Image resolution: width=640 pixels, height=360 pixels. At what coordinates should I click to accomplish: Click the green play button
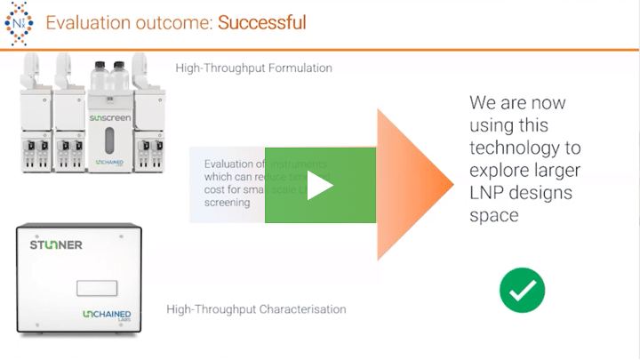tap(320, 185)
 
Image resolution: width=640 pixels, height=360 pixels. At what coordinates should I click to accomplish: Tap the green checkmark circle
tap(522, 290)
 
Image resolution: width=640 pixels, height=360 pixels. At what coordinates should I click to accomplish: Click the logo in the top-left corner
tap(20, 22)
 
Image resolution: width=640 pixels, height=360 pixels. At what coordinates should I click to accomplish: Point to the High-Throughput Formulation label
tap(253, 68)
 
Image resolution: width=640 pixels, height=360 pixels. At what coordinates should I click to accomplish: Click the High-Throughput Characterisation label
tap(256, 309)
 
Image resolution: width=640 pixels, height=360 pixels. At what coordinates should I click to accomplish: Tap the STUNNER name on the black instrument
tap(56, 244)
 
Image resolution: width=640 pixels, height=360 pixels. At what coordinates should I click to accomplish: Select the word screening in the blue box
tap(228, 203)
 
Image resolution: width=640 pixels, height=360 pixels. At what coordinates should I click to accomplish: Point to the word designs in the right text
tap(543, 193)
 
